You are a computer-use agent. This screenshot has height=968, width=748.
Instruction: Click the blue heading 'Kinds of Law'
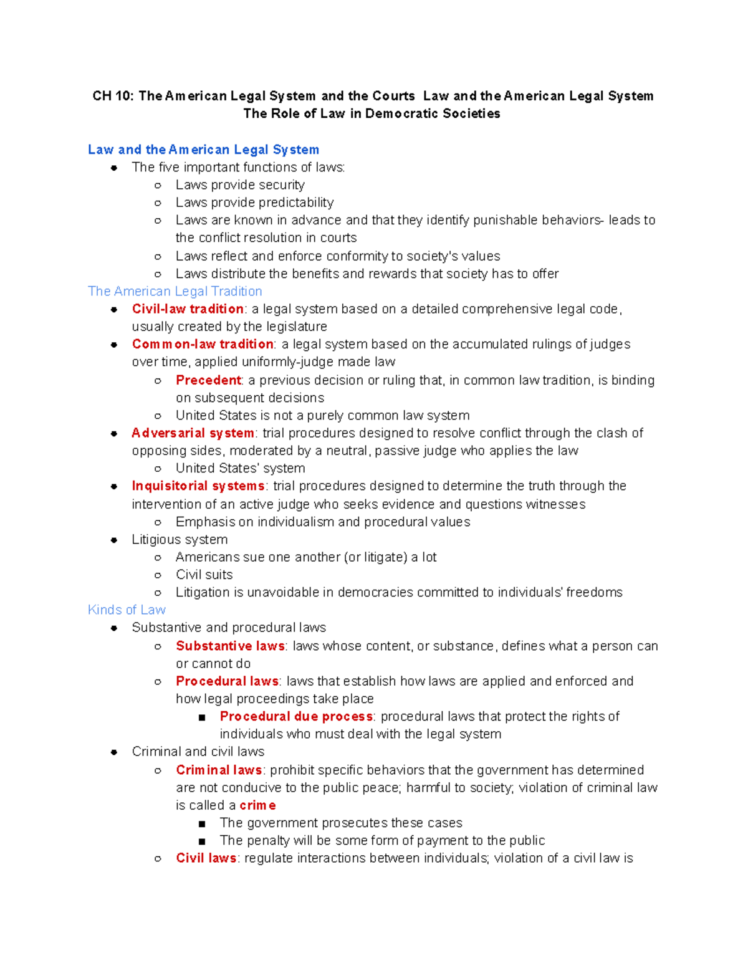[127, 610]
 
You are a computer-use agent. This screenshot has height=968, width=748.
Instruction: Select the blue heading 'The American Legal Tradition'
[175, 291]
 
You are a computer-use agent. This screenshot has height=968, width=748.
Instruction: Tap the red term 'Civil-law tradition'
[188, 309]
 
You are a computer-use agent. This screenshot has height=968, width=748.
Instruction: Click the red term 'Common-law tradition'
[203, 344]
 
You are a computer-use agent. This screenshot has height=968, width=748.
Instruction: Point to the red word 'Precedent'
[208, 380]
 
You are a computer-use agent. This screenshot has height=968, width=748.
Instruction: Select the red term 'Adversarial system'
[193, 433]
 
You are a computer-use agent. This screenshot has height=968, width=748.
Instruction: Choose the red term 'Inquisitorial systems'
[198, 486]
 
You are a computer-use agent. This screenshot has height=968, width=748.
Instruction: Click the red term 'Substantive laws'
[230, 646]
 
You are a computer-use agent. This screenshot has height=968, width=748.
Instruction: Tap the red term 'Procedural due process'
[296, 716]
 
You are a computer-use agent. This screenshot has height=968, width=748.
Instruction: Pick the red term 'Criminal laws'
[219, 770]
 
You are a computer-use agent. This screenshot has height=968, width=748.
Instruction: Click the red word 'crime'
[257, 805]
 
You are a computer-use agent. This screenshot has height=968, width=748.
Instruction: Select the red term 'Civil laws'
[206, 858]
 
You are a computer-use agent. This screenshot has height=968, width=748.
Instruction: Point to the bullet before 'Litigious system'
[114, 540]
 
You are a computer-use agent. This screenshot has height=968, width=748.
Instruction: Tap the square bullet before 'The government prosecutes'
[201, 823]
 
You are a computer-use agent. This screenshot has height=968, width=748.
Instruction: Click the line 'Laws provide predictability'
[254, 203]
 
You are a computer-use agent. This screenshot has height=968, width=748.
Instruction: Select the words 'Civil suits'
[204, 575]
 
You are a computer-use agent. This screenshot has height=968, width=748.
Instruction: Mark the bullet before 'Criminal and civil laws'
[114, 752]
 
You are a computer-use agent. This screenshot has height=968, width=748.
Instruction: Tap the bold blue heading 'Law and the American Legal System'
[203, 150]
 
